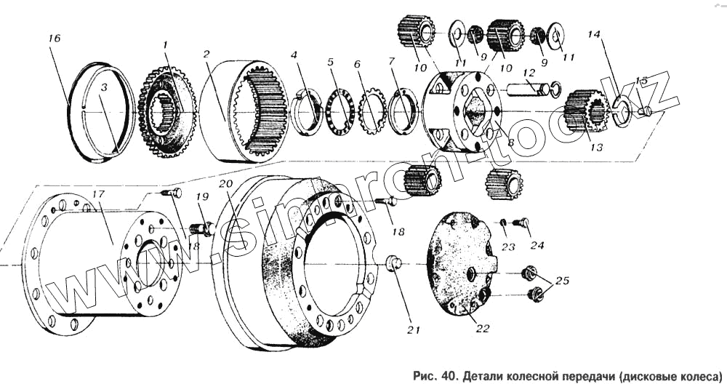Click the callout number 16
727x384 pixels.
(55, 39)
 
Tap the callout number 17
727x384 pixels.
(99, 194)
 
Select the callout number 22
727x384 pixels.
(482, 329)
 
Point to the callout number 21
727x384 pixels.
(414, 330)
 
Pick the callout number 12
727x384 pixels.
(529, 73)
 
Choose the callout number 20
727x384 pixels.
(227, 183)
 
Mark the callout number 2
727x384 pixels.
(206, 54)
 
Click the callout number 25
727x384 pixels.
(563, 281)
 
